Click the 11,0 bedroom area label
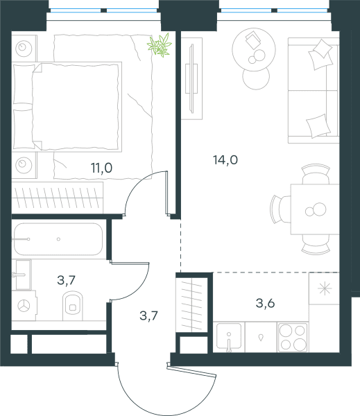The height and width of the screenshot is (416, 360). (102, 168)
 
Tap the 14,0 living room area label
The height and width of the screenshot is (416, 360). (225, 160)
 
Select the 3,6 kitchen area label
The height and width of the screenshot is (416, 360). (265, 303)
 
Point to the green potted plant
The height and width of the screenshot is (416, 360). (160, 45)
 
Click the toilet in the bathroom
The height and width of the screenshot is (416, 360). (73, 306)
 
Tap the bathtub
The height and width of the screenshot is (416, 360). (58, 239)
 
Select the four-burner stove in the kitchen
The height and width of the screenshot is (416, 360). (293, 337)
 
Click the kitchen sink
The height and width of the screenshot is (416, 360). (229, 336)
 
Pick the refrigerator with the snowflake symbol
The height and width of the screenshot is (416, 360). (324, 288)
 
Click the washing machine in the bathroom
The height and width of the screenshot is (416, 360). (24, 306)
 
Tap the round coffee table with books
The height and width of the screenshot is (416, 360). (254, 49)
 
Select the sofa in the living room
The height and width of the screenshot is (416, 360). (314, 90)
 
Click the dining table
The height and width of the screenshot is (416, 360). (315, 209)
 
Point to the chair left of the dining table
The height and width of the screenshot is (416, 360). (281, 209)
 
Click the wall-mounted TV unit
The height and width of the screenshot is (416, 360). (191, 78)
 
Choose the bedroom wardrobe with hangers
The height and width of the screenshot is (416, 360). (58, 198)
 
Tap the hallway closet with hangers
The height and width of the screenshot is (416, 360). (191, 304)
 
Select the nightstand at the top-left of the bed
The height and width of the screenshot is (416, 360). (24, 49)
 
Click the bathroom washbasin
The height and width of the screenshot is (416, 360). (24, 275)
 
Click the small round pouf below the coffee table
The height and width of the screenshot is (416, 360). (256, 77)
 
